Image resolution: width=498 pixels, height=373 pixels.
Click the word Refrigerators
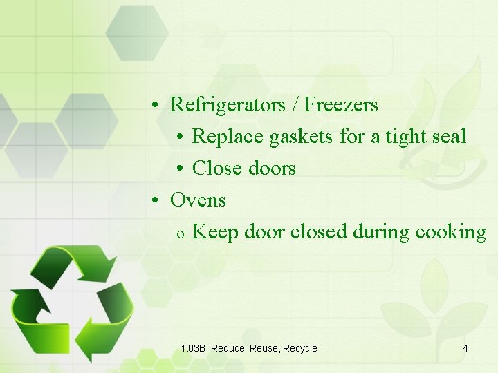pos(228,105)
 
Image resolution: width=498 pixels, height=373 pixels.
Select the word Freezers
pos(341,105)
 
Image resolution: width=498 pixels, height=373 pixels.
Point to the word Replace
pos(228,137)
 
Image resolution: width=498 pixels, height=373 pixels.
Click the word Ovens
pos(198,200)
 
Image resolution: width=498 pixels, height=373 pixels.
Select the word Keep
pos(212,232)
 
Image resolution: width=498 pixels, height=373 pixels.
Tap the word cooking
pos(451,232)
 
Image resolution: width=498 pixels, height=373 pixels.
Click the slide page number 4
pos(465,348)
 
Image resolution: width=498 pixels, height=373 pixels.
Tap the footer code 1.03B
pos(193,348)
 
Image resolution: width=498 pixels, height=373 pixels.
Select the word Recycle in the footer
pos(300,348)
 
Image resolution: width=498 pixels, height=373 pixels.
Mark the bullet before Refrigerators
pos(158,106)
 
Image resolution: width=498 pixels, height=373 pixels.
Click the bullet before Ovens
pos(158,201)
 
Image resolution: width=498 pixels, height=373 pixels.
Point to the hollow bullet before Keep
pos(179,233)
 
